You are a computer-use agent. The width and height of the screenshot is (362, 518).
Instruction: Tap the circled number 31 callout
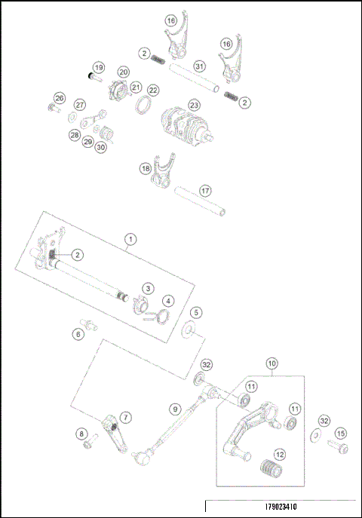tap(199, 66)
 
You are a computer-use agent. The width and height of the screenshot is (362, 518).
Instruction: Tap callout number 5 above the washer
tap(195, 311)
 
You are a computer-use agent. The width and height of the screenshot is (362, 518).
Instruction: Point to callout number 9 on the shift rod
tap(174, 409)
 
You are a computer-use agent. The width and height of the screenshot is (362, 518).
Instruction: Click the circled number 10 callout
tap(271, 363)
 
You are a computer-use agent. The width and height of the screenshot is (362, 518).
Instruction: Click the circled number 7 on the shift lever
tap(125, 416)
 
